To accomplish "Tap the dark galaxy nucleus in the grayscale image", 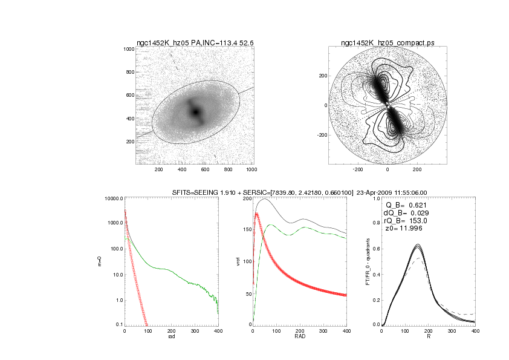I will click(x=195, y=112).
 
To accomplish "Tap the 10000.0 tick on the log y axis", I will click(x=114, y=198).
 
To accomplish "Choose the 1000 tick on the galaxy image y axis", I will click(x=128, y=49).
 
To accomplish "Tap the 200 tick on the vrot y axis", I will click(x=244, y=198).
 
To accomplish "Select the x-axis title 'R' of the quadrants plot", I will click(x=429, y=337).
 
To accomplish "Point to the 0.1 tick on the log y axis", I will click(x=118, y=325).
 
